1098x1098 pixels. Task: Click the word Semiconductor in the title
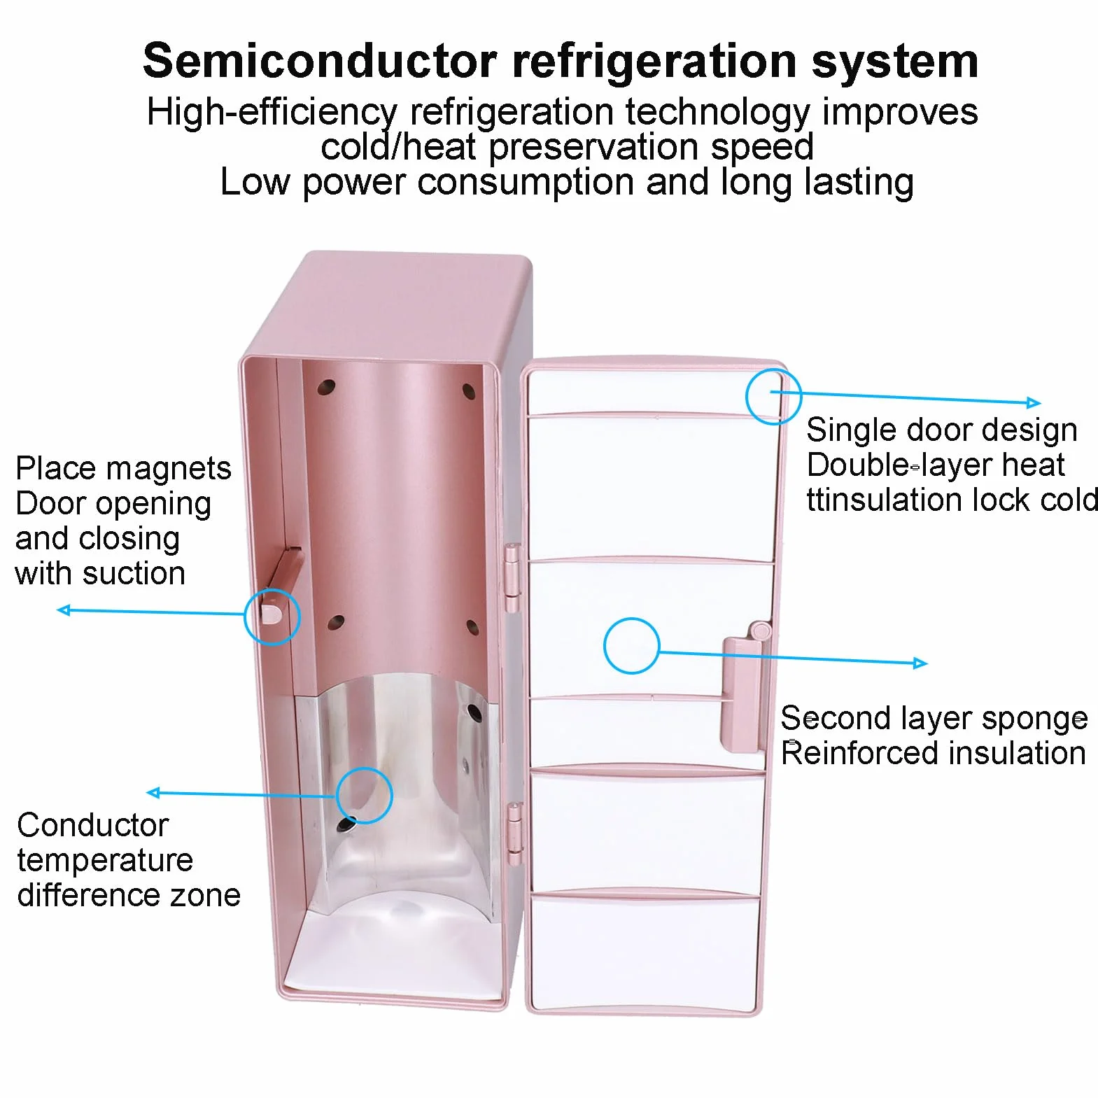[320, 60]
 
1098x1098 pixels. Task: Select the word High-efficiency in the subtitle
[272, 113]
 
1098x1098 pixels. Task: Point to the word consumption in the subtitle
[526, 182]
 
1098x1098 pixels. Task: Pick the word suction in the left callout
[134, 574]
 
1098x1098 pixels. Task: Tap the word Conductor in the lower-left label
[92, 825]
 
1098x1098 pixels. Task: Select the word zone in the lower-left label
[209, 895]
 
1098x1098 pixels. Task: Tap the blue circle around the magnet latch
[272, 589]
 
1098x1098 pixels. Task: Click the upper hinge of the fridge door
[513, 578]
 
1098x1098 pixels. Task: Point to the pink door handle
[742, 689]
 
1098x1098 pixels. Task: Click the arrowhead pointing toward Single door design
[1034, 402]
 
